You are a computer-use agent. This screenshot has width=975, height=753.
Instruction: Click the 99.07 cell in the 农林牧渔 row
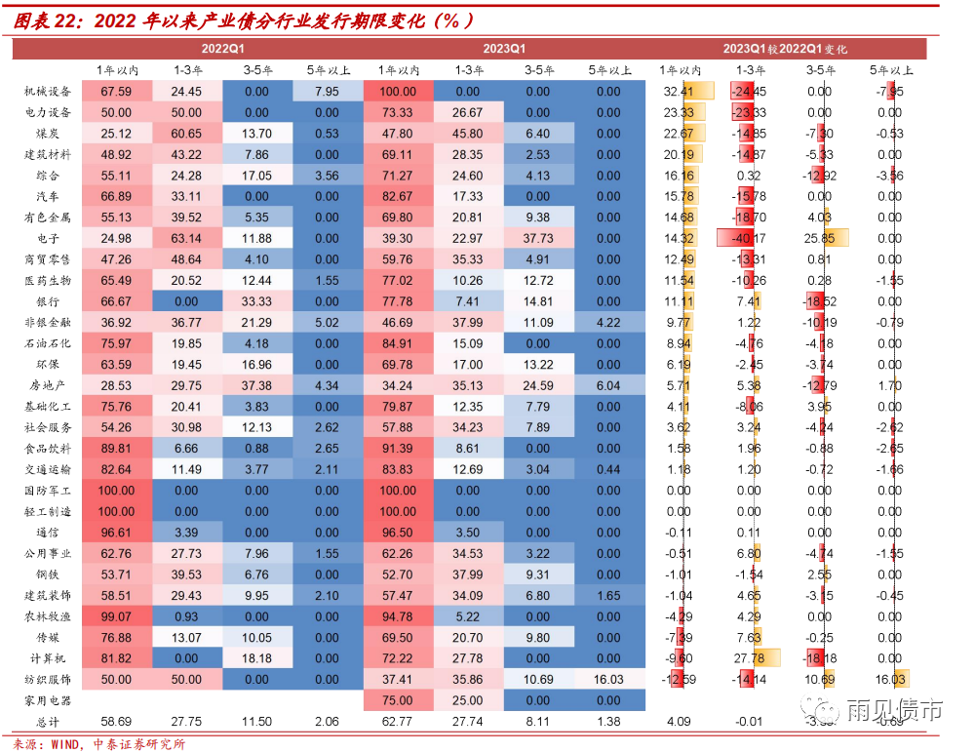tap(117, 617)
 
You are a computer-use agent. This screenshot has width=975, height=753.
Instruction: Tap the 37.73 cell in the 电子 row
tap(538, 239)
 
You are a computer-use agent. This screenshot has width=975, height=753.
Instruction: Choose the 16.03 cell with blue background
tap(607, 680)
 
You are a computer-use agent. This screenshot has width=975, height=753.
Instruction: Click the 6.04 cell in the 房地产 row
tap(607, 386)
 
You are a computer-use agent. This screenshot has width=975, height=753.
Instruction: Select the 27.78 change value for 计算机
tap(749, 658)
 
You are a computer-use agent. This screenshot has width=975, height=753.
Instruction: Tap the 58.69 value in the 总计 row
tap(117, 722)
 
